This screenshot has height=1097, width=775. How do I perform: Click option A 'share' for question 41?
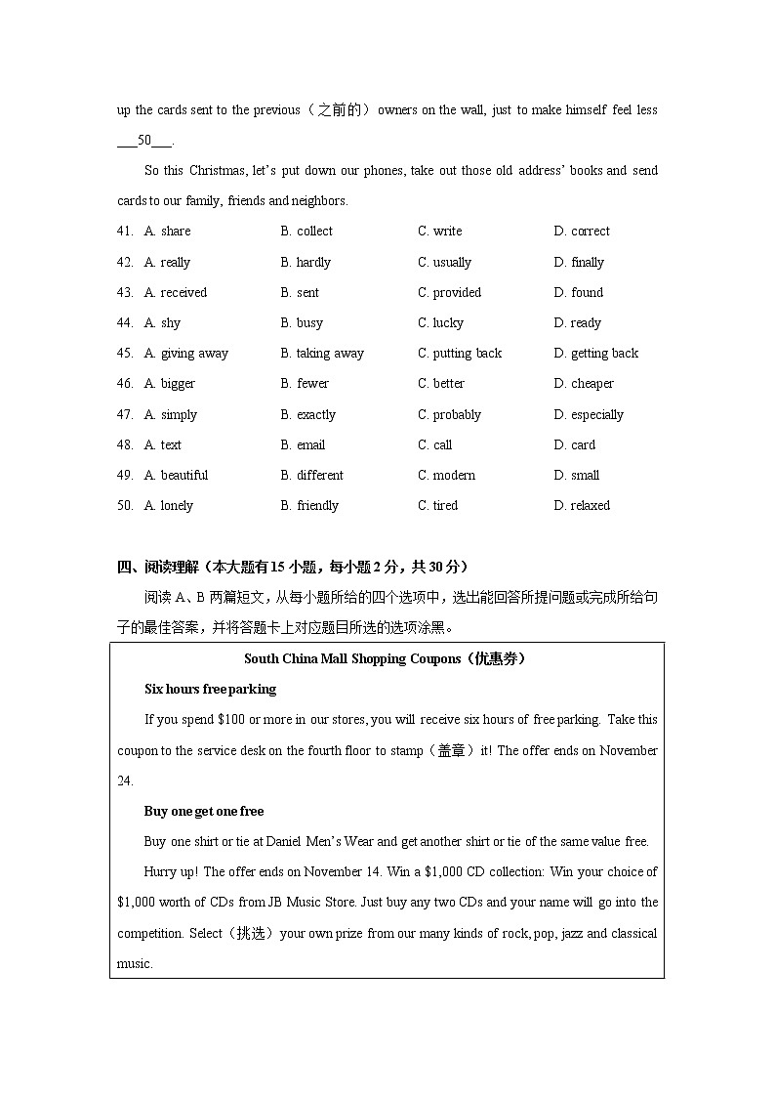pyautogui.click(x=167, y=232)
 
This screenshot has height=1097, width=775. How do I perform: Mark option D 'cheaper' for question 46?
pyautogui.click(x=584, y=383)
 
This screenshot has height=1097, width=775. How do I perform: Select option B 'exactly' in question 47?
pyautogui.click(x=307, y=414)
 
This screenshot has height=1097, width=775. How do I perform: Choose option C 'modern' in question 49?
pyautogui.click(x=446, y=475)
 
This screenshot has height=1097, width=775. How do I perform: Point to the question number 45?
pyautogui.click(x=125, y=353)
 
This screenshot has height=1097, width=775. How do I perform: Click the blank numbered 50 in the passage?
pyautogui.click(x=144, y=140)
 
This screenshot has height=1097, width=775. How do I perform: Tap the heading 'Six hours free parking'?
pyautogui.click(x=210, y=689)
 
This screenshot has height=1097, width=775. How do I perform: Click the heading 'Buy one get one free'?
pyautogui.click(x=204, y=811)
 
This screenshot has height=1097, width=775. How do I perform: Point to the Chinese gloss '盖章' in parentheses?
pyautogui.click(x=451, y=750)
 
